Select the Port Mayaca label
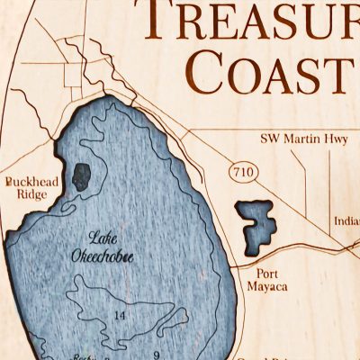pos(267,280)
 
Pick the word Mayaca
pos(267,288)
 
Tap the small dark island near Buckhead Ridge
pos(82,176)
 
